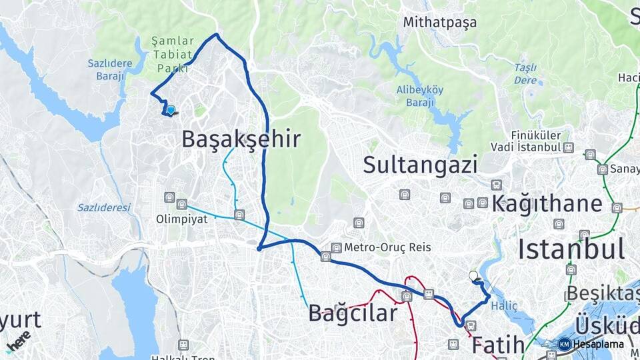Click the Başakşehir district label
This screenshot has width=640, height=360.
(241, 139)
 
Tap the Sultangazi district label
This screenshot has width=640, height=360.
(420, 164)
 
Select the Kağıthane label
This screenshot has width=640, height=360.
(547, 204)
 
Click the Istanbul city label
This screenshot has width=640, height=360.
(571, 249)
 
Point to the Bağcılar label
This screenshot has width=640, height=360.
(353, 313)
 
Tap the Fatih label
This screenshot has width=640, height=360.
(498, 345)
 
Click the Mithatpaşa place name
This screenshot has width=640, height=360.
(440, 22)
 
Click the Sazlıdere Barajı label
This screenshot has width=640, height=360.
(106, 69)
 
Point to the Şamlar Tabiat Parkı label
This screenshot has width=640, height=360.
(172, 54)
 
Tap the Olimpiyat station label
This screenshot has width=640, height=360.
(177, 219)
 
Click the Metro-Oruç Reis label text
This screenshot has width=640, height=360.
(387, 247)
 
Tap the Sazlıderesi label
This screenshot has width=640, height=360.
(104, 207)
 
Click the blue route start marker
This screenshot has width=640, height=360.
(171, 111)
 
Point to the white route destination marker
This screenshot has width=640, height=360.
(473, 275)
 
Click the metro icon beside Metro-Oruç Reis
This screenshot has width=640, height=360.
(336, 247)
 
